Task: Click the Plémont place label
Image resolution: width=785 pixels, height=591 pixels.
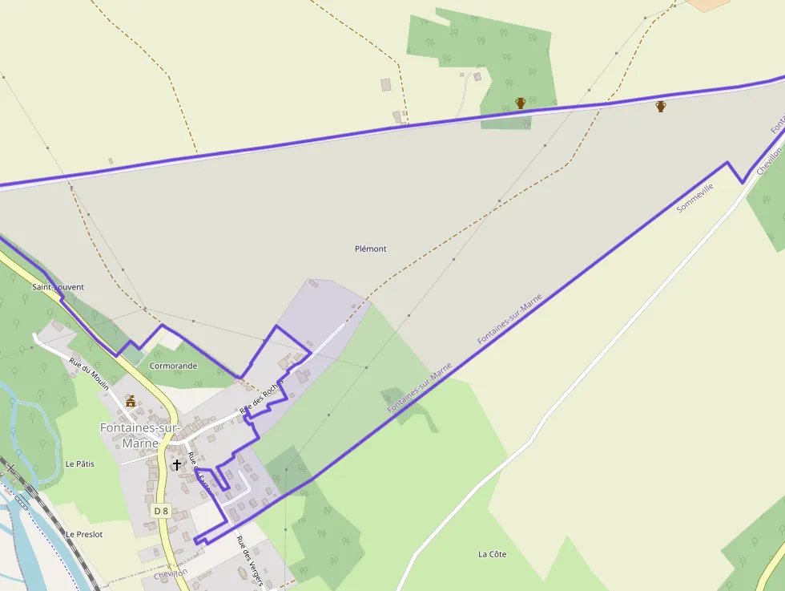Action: (370, 249)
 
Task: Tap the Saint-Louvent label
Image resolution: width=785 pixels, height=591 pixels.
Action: (58, 286)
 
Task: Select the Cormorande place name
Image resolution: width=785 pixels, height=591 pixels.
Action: (173, 365)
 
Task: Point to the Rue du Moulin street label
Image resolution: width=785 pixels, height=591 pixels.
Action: (88, 374)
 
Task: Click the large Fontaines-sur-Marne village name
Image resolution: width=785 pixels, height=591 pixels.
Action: (140, 435)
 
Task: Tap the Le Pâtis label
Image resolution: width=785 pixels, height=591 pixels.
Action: (80, 463)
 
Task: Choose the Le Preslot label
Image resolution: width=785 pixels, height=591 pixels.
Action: (84, 534)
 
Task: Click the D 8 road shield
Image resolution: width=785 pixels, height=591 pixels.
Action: (161, 511)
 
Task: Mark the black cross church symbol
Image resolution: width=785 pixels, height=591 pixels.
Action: (176, 464)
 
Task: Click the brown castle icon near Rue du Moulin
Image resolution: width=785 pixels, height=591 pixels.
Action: (130, 400)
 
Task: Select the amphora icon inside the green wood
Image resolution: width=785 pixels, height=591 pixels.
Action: (521, 103)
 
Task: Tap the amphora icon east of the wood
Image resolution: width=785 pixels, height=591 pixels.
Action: (661, 106)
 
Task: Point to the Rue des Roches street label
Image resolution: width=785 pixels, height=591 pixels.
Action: (262, 397)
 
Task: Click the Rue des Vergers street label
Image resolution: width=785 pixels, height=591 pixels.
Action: (249, 559)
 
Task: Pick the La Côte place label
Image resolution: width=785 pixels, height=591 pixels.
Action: (493, 554)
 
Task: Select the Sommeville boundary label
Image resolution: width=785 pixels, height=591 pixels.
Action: (694, 197)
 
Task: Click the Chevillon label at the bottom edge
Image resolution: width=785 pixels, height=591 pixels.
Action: (171, 574)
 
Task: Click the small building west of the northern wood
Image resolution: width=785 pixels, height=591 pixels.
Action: (385, 84)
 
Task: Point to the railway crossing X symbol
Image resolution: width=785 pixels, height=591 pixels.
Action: (11, 467)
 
